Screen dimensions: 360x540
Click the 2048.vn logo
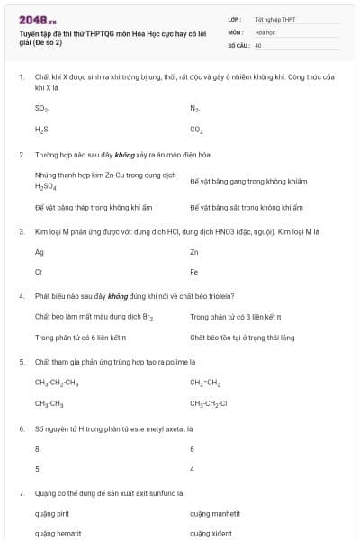click(37, 19)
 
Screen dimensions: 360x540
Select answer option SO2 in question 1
click(41, 108)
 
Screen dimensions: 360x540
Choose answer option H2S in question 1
click(41, 130)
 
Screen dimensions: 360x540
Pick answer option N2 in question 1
click(194, 108)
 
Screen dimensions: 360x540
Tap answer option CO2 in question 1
click(196, 130)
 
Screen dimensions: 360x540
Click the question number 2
click(22, 155)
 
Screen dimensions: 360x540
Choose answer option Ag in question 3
click(40, 252)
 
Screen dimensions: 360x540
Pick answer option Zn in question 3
click(194, 252)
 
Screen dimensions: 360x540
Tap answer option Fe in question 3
click(194, 272)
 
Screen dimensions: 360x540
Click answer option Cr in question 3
click(39, 272)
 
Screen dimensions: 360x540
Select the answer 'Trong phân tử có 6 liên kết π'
click(80, 337)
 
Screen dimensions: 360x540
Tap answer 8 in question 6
click(37, 448)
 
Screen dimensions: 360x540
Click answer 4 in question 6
click(193, 469)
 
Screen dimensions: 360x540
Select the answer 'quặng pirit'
click(52, 513)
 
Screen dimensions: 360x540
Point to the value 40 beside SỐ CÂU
click(258, 44)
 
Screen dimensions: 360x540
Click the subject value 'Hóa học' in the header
click(265, 31)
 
